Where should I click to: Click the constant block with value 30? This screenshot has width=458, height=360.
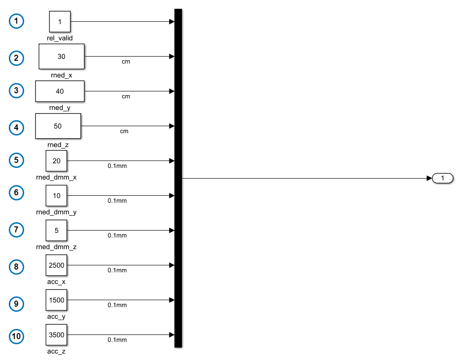point(62,56)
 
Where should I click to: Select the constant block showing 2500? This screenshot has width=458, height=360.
point(56,265)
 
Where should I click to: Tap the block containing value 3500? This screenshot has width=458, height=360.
point(56,334)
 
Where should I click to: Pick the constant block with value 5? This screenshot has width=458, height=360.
point(56,231)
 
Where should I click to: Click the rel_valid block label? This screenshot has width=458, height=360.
point(59,38)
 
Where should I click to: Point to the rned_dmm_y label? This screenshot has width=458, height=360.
point(56,212)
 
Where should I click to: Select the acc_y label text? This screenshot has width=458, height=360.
point(56,317)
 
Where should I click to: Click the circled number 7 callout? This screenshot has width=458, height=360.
point(16,230)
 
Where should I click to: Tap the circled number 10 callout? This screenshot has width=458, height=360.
point(16,336)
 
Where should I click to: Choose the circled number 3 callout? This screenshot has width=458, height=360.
point(16,90)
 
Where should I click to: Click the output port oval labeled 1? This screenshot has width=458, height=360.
point(443,178)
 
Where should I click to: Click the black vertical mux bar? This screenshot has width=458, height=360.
point(178,178)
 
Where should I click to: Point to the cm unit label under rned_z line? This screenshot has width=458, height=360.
point(124,131)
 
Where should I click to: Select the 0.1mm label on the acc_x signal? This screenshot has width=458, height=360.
point(117,270)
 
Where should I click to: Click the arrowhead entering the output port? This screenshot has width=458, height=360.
point(429,178)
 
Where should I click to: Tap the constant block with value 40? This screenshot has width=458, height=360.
point(60,91)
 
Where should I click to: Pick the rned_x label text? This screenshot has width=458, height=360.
point(61,75)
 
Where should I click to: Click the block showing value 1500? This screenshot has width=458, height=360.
point(56,300)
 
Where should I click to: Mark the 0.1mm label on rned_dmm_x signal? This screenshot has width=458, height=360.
point(117,166)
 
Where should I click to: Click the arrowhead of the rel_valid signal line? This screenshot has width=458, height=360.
point(172,22)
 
